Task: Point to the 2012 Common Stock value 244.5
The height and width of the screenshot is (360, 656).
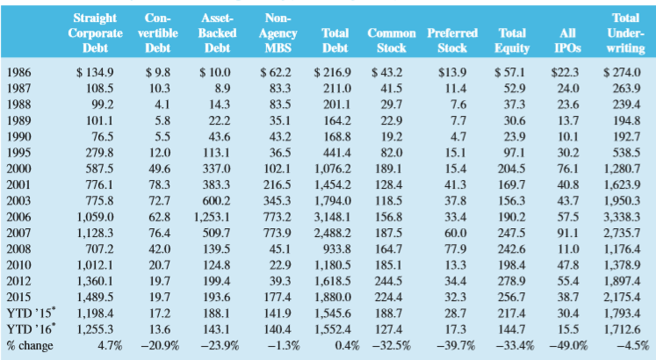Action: click(390, 281)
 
